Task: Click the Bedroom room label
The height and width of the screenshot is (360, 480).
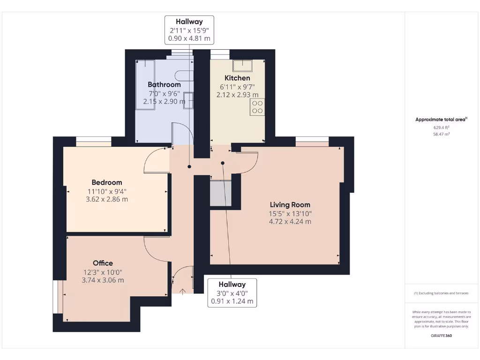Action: pos(107,182)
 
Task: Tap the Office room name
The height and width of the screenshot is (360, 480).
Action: pos(103,263)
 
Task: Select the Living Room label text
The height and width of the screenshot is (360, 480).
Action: pos(290,205)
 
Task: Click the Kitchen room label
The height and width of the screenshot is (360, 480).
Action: pos(237,78)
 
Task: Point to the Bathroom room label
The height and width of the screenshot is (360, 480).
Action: pos(164,84)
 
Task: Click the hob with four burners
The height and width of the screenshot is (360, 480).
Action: pos(257,107)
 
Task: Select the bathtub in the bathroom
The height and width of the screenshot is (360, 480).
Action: pos(145,84)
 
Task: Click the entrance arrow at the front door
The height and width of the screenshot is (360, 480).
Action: pos(183,291)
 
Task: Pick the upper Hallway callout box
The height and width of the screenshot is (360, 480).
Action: pos(189,30)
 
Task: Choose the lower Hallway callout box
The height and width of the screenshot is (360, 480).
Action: pos(232,293)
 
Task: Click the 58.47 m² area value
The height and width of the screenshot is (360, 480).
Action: pos(441,134)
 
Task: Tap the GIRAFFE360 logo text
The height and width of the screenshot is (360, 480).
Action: pos(441,336)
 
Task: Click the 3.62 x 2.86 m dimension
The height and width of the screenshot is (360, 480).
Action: pos(106,199)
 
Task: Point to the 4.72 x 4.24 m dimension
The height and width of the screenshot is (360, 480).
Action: pos(290,222)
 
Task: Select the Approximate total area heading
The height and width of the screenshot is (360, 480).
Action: pos(441,120)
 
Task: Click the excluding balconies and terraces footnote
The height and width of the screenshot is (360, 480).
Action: pos(441,293)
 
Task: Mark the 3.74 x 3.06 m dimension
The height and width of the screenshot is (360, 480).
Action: pos(103,280)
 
